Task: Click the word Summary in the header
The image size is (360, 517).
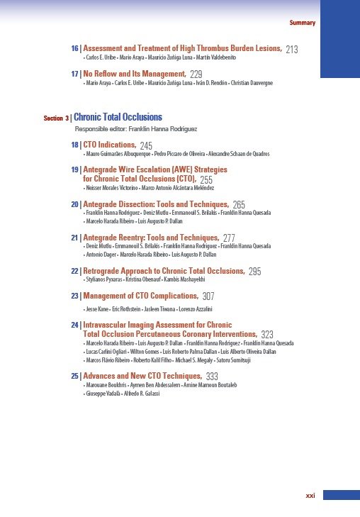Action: coord(303,23)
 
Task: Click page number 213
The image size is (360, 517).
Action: coord(291,49)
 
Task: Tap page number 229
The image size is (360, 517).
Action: coord(196,74)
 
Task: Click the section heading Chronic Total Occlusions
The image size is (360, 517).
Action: coord(118,117)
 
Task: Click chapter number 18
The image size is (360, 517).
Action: coord(75,145)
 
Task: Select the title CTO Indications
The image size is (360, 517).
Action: coord(109,145)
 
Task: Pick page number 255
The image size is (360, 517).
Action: coord(206,180)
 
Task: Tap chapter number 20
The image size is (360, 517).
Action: coord(75,204)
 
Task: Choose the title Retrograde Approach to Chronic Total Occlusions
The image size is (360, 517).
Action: coord(164,271)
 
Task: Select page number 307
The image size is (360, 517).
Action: coord(209,296)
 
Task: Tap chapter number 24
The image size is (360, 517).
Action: coord(75,325)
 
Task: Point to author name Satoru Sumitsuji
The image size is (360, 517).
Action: coord(263,360)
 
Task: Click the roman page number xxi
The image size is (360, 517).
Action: coord(310,496)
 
